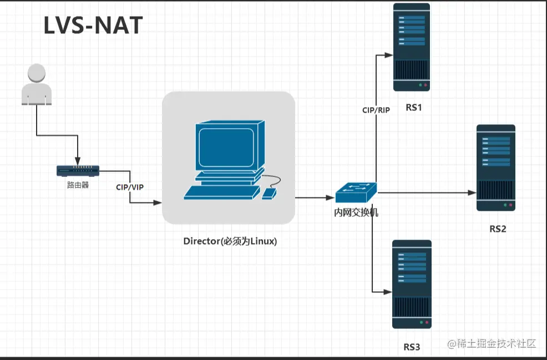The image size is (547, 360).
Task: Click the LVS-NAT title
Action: [x=93, y=26]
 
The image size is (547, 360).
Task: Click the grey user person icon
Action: [x=37, y=84]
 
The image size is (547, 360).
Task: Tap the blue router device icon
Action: [x=78, y=170]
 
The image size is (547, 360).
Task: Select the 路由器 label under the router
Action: [x=78, y=185]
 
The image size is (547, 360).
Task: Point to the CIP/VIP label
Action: [x=130, y=187]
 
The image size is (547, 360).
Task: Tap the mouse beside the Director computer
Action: [x=269, y=194]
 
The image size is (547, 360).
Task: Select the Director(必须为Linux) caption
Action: [x=230, y=241]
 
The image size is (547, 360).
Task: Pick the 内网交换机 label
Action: [x=356, y=212]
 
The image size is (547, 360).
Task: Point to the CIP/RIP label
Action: [x=376, y=110]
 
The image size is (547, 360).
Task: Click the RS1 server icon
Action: [x=412, y=47]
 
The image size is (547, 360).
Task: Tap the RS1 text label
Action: [x=414, y=108]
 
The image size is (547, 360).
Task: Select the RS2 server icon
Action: [x=496, y=168]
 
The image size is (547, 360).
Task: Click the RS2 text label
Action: [x=498, y=229]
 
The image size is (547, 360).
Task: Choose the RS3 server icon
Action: [x=412, y=284]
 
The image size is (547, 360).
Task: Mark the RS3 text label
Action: [x=412, y=348]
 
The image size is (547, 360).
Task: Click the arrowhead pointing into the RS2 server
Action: [x=472, y=193]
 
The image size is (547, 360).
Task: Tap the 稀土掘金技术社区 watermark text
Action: [x=492, y=343]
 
